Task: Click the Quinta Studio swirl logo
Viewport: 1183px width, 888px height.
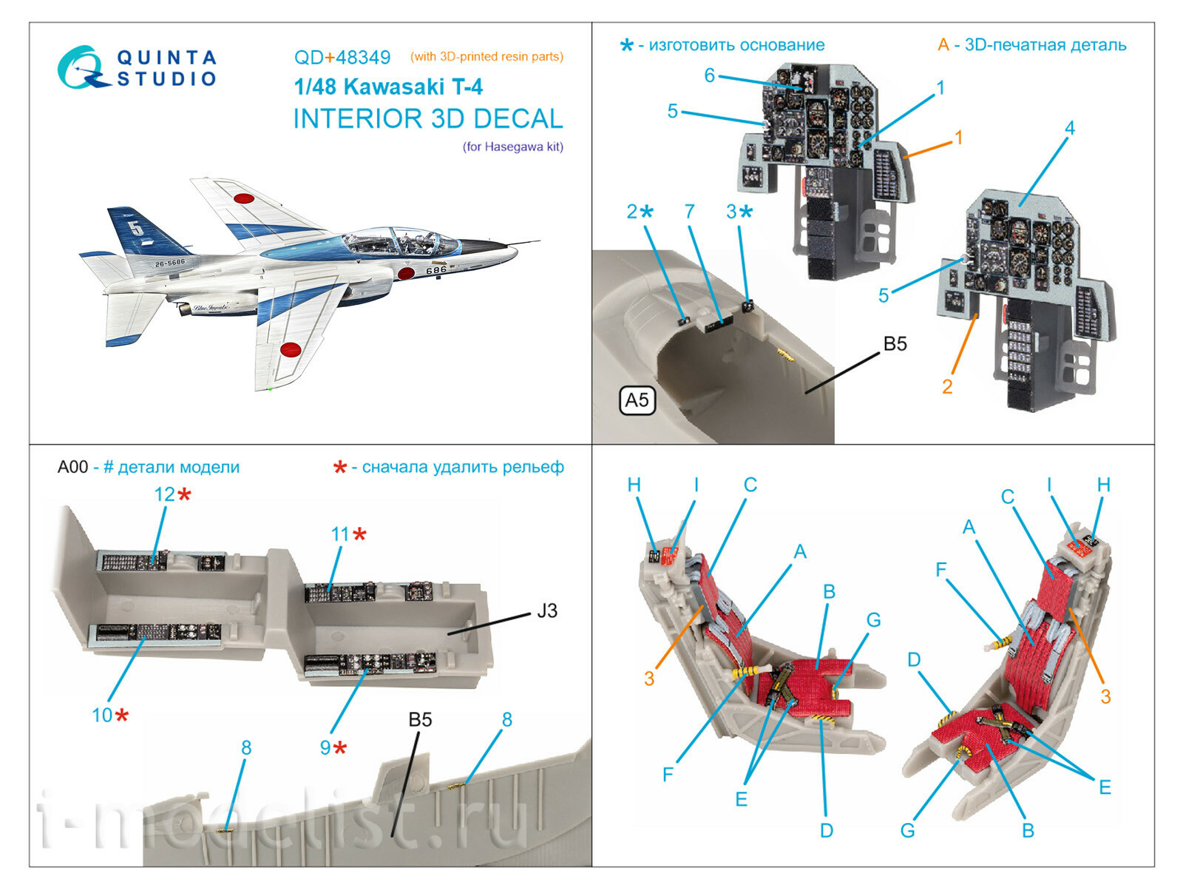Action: pos(79,68)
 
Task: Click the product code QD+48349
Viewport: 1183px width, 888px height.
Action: pos(342,58)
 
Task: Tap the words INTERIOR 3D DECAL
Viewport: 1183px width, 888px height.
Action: pos(428,119)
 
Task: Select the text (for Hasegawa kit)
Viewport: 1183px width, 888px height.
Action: pos(513,147)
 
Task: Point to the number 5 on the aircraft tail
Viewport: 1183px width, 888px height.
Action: pos(138,228)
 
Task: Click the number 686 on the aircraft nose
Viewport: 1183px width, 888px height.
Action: pos(435,271)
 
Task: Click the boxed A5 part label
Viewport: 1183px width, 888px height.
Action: pos(637,400)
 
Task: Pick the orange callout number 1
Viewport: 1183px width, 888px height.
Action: pos(958,138)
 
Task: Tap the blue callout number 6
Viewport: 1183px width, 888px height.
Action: pos(710,75)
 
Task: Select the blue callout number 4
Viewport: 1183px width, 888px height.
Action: pos(1069,127)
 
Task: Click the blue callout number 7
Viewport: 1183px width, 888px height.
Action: pos(689,212)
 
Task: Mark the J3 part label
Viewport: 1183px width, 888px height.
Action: pos(546,611)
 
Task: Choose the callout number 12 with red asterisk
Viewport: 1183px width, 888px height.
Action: pos(164,494)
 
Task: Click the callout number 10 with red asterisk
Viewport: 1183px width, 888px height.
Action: pos(102,715)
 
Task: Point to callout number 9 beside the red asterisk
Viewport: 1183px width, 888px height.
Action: pos(325,747)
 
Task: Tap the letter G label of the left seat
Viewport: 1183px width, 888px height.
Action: pos(873,620)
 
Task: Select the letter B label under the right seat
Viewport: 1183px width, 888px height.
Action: pos(1028,830)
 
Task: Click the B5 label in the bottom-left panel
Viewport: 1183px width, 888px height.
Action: pos(420,719)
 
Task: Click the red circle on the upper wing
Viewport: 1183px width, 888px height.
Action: pos(243,198)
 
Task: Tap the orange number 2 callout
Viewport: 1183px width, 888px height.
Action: pos(947,386)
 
